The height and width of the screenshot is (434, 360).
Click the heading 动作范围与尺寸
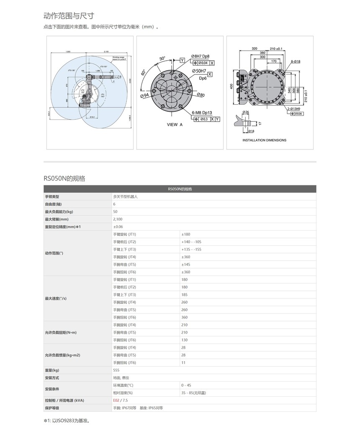click(69, 16)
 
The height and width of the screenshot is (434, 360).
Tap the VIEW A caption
click(175, 125)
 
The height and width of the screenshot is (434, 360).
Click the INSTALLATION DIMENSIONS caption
click(265, 140)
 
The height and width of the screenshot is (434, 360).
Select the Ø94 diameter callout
click(145, 96)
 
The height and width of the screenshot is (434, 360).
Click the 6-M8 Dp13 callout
click(202, 112)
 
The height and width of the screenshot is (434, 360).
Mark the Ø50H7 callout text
click(199, 71)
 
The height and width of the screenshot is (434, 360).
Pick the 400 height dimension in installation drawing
click(231, 86)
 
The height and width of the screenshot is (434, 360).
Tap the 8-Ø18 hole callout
click(296, 62)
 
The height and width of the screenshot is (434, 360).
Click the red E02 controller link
click(116, 400)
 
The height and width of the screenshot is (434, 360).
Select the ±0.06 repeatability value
click(118, 226)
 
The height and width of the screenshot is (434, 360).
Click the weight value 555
click(116, 370)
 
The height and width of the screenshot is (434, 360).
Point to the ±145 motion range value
click(185, 265)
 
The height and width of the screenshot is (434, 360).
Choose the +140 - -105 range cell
click(191, 242)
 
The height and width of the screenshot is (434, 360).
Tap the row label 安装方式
click(52, 378)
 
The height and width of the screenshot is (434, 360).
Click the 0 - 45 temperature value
click(186, 385)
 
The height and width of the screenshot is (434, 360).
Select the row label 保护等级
click(52, 408)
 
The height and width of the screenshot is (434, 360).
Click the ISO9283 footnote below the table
click(67, 421)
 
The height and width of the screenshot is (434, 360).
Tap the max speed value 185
click(185, 295)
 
